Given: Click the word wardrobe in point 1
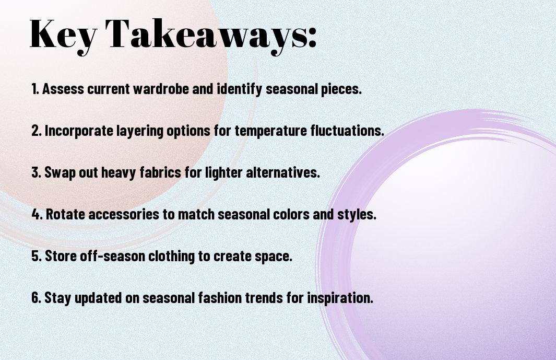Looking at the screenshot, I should click(x=161, y=89).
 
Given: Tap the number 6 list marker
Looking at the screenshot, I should click(x=36, y=298).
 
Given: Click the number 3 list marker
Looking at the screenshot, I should click(x=36, y=172).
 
